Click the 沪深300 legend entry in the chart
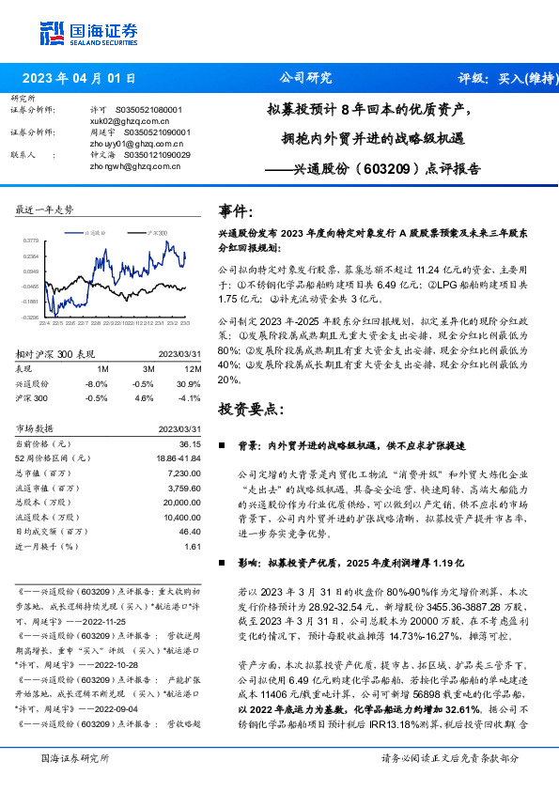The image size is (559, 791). (x=154, y=231)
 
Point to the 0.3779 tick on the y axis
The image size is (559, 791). (x=30, y=240)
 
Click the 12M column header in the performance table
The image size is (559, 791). (x=192, y=369)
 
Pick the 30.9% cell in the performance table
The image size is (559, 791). (x=192, y=383)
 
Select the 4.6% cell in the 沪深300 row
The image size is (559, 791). (x=145, y=397)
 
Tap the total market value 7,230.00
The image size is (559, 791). (x=185, y=473)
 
